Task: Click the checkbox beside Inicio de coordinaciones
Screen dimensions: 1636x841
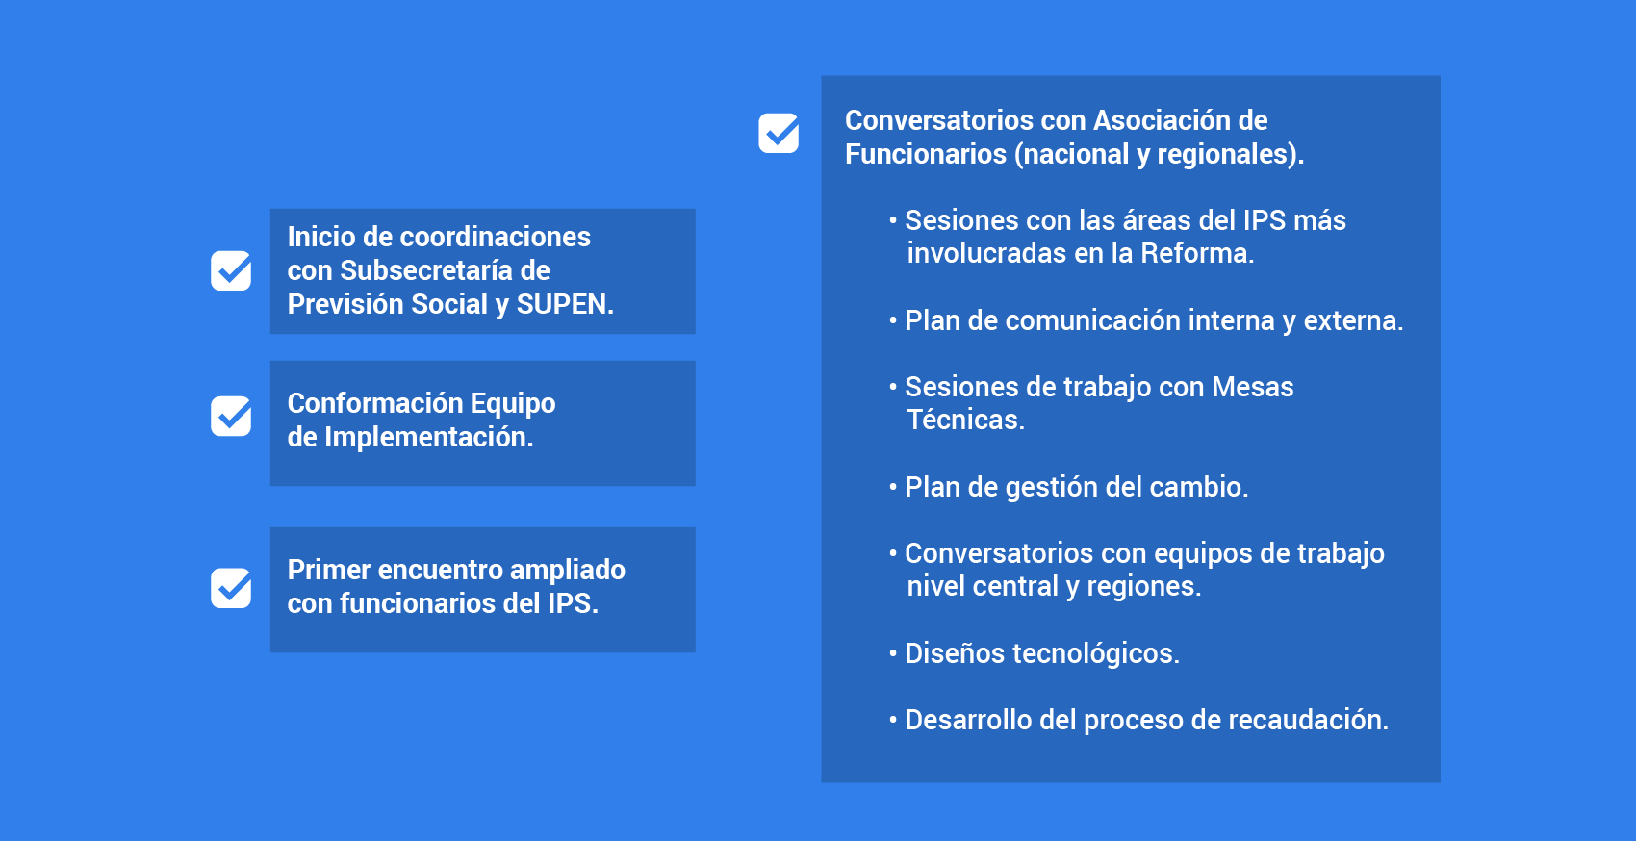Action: coord(231,270)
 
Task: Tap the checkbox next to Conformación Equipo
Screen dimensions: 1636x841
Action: coord(231,416)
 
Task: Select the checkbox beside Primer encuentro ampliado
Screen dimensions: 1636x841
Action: coord(231,588)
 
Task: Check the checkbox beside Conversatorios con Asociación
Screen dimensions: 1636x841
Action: coord(779,133)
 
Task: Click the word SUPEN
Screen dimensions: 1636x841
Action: coord(565,304)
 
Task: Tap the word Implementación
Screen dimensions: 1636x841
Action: coord(428,437)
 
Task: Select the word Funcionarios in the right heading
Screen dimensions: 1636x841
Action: coord(926,154)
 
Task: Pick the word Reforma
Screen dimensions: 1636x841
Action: coord(1197,253)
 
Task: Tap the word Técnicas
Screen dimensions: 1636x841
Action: coord(965,420)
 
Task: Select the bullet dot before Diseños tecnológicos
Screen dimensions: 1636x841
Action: coord(893,652)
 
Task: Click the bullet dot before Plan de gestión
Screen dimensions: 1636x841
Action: coord(893,486)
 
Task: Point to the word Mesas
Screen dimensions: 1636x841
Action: coord(1253,387)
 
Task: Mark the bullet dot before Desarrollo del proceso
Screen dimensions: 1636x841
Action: coord(893,719)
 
